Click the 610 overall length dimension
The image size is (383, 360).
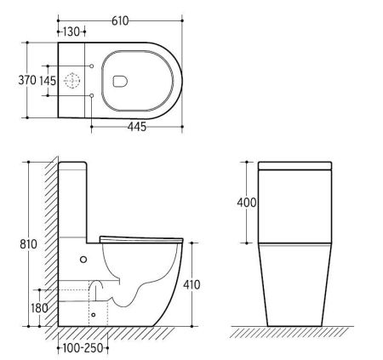(x=120, y=21)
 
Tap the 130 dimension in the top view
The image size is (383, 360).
(x=71, y=32)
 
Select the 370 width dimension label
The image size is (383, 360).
(x=27, y=80)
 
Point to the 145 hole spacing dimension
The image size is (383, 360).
(x=48, y=81)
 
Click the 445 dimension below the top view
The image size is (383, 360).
(x=137, y=127)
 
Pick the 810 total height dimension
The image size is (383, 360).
(x=28, y=244)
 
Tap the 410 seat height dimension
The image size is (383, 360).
(x=191, y=284)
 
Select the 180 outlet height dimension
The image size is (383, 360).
(x=39, y=308)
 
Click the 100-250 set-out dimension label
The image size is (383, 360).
(x=83, y=348)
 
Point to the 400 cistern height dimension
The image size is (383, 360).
(x=247, y=203)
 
